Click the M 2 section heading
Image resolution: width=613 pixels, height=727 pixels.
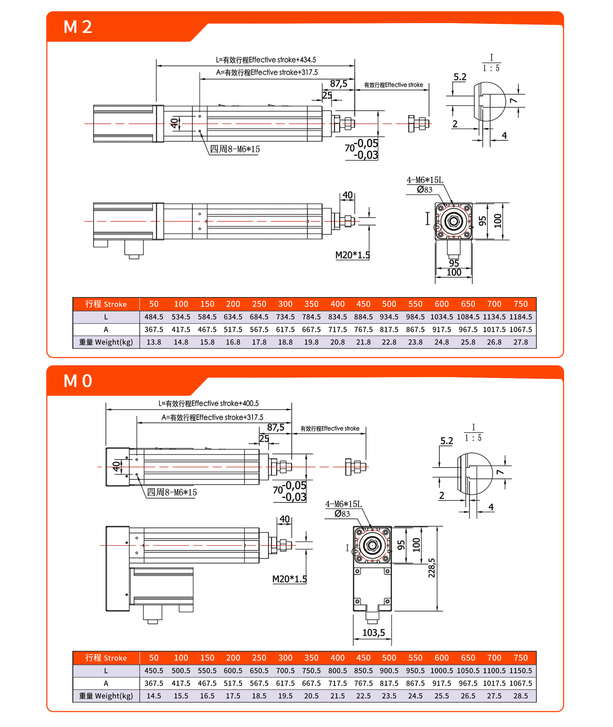tap(78, 27)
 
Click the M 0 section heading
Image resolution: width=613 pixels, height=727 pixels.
tap(78, 380)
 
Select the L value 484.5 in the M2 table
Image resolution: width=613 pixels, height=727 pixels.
tap(154, 317)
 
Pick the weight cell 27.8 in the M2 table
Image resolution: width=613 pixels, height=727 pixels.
tap(520, 342)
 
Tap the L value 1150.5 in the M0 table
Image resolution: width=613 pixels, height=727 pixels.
tap(520, 670)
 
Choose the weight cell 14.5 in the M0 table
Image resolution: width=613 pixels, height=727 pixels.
tap(154, 696)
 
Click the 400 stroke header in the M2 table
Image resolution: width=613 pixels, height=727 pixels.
tap(337, 304)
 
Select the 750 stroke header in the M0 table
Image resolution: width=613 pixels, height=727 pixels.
tap(520, 658)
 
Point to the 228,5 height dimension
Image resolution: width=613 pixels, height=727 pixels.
tap(432, 568)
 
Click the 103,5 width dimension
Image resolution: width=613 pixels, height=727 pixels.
tap(374, 633)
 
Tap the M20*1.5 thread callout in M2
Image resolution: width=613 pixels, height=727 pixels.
tap(352, 255)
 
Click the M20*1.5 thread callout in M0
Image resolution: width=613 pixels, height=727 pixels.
tap(289, 579)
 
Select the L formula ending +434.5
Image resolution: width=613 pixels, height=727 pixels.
tap(266, 60)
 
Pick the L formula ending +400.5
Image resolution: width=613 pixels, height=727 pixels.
tap(208, 404)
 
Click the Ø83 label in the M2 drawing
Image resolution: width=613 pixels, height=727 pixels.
tap(424, 190)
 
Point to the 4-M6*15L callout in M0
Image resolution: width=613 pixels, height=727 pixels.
tap(343, 504)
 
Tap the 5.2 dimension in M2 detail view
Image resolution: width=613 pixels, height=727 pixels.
tap(460, 77)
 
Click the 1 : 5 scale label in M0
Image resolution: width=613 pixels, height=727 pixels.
tap(473, 438)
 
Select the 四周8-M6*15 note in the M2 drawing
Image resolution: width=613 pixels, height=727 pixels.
tap(235, 149)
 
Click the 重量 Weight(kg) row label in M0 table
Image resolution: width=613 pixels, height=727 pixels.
tap(106, 696)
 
